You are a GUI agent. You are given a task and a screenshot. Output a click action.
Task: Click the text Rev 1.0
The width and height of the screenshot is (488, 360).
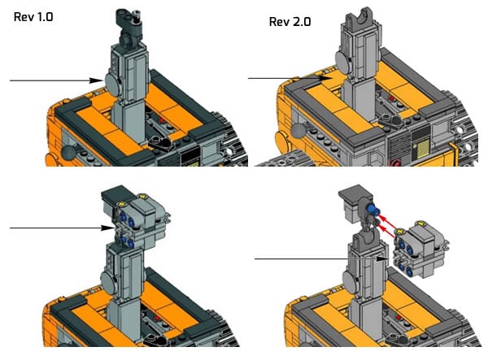(33, 17)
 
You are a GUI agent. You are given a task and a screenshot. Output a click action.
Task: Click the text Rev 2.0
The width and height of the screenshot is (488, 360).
(290, 22)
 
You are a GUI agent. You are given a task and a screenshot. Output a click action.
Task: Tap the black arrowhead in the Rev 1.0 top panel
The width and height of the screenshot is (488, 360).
(97, 80)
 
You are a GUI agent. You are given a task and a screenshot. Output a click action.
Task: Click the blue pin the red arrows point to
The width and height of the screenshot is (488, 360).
(373, 210)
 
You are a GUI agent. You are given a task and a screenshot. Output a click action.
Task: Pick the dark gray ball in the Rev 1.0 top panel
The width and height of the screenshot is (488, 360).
(68, 153)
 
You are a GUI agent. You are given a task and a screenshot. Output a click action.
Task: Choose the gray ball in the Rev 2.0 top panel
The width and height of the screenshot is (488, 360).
(299, 131)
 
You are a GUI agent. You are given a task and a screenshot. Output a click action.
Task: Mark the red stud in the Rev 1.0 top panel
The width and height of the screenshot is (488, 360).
(162, 120)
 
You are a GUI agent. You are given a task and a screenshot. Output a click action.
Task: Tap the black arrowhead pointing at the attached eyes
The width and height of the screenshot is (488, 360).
(107, 228)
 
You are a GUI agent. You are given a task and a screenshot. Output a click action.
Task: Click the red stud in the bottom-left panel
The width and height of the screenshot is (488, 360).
(157, 319)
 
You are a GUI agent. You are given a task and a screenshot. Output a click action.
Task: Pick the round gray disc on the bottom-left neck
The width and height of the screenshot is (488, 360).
(109, 284)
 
